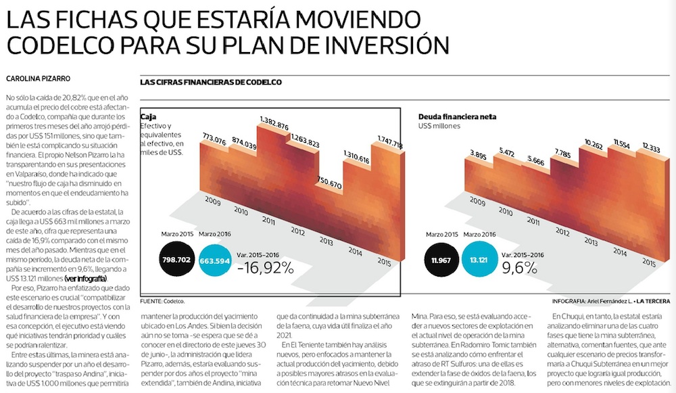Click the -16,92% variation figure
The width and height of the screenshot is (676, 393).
[266, 267]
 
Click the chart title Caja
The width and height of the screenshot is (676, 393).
[149, 117]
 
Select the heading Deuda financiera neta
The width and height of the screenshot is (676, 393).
[457, 117]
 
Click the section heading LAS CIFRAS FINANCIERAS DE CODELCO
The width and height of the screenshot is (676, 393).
[210, 83]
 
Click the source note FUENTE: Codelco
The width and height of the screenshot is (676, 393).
[162, 300]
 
